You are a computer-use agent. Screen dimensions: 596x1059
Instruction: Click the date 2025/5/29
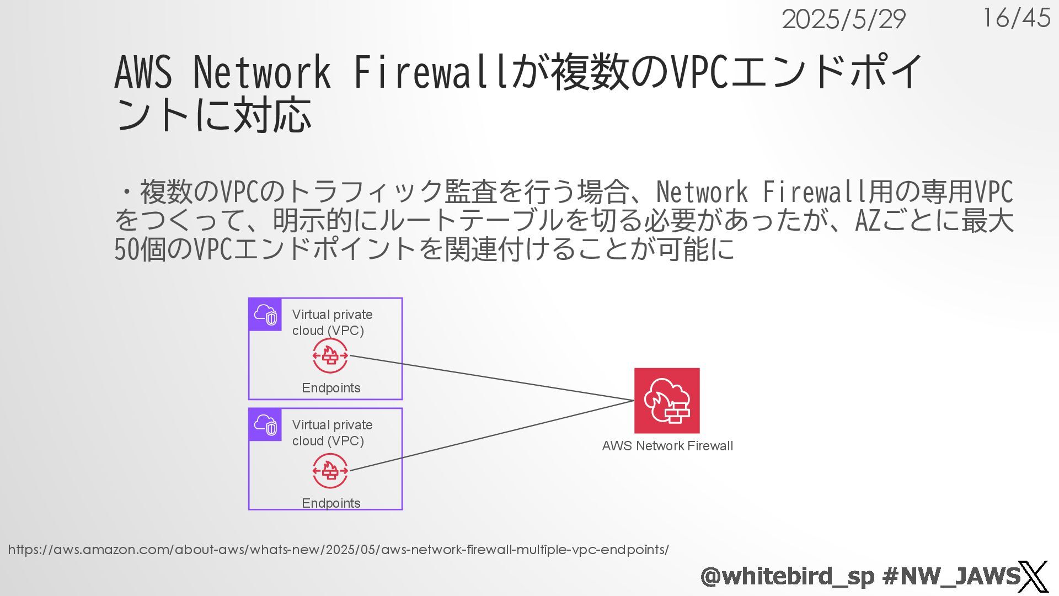(843, 20)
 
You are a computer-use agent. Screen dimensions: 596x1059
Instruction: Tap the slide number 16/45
(1016, 18)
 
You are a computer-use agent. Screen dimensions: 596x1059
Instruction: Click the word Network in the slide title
(261, 72)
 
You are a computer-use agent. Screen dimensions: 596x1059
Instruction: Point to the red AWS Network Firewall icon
(667, 401)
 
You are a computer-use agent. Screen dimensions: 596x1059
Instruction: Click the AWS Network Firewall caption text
(667, 446)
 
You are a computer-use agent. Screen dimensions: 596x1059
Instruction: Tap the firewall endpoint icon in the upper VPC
(330, 356)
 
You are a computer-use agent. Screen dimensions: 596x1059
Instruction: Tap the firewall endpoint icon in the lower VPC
(330, 471)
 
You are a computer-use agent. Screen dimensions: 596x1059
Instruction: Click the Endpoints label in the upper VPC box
(331, 388)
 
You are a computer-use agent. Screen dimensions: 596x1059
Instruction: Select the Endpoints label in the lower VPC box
(331, 503)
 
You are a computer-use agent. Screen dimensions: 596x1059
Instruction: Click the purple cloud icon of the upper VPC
(265, 315)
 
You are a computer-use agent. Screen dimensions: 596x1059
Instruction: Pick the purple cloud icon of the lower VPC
(265, 425)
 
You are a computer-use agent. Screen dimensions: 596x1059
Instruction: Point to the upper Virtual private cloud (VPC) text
(332, 322)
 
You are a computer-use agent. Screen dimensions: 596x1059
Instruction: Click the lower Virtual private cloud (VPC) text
(332, 433)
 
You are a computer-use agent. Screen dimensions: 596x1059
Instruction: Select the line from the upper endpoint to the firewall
(491, 378)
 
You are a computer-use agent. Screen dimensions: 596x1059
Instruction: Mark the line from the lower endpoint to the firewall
(491, 436)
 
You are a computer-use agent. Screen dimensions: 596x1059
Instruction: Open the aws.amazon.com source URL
(338, 550)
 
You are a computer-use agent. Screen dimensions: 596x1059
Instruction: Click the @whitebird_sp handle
(787, 576)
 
